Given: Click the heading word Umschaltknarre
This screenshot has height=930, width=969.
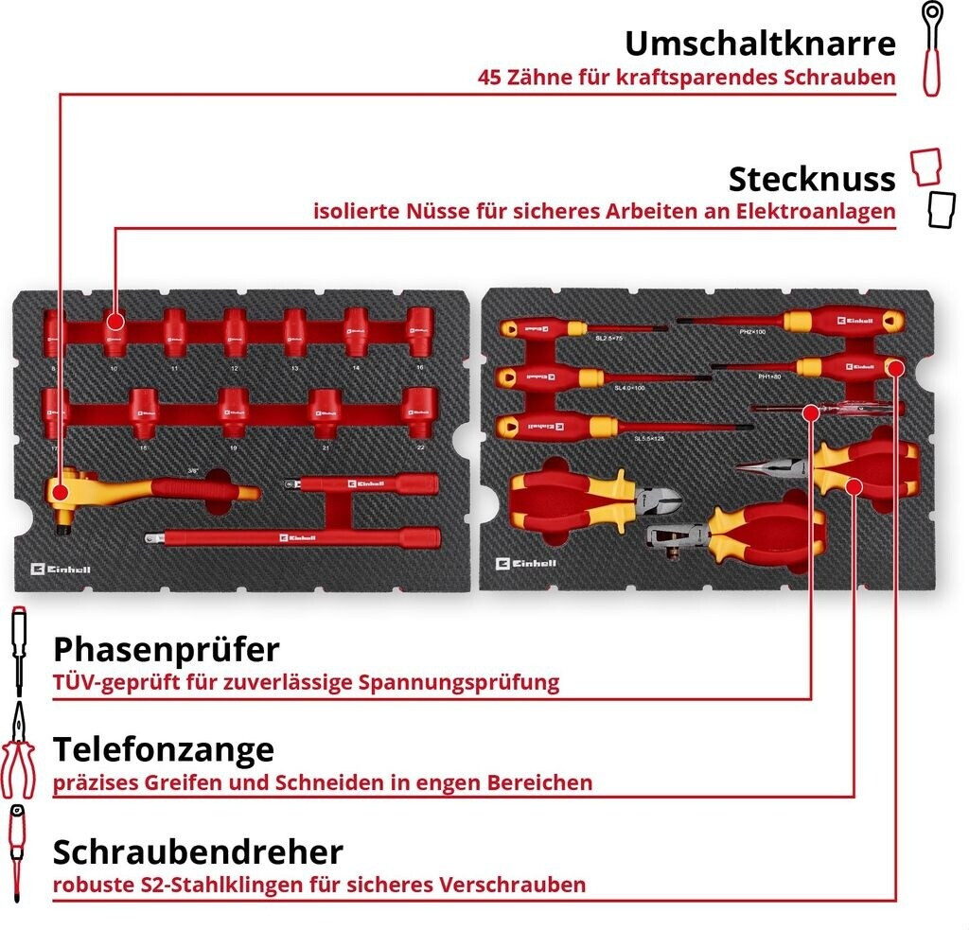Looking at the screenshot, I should [759, 44].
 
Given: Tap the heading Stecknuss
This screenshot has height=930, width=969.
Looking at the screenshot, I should [811, 179].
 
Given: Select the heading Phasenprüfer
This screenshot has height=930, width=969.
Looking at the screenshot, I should [167, 650].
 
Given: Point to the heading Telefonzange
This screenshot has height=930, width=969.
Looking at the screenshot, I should [164, 749].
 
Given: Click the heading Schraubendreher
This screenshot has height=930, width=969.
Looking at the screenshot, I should [198, 851].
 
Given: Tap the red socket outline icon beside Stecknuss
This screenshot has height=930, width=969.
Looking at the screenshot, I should [927, 167].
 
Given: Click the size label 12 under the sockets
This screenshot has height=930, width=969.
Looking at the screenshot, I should [234, 367].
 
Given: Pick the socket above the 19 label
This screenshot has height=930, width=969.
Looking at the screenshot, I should [233, 405].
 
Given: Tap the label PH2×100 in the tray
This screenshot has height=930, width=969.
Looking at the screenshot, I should [752, 333].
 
